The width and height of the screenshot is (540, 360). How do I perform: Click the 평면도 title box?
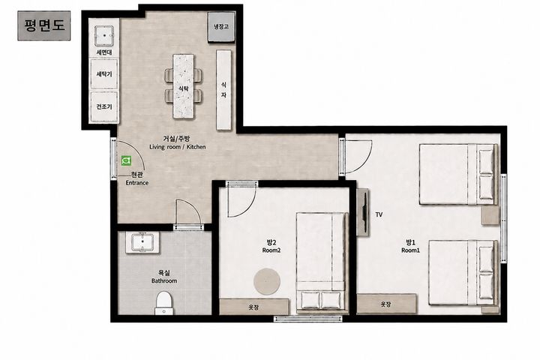pyautogui.click(x=44, y=25)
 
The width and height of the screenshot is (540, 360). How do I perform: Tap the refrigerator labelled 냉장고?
pyautogui.click(x=221, y=26)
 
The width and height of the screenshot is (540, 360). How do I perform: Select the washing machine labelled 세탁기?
pyautogui.click(x=104, y=73)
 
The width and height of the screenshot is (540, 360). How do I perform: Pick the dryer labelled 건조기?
pyautogui.click(x=104, y=106)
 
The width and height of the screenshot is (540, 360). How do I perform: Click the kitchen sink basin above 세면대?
pyautogui.click(x=104, y=35)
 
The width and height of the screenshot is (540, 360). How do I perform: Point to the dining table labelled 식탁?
pyautogui.click(x=183, y=86)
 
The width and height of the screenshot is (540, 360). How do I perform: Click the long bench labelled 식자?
pyautogui.click(x=223, y=90)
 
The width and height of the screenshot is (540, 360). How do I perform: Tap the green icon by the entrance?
pyautogui.click(x=127, y=160)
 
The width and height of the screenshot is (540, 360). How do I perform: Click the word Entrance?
pyautogui.click(x=137, y=183)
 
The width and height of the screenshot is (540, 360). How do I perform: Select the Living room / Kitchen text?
pyautogui.click(x=177, y=147)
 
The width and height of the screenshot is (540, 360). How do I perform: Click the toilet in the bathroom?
pyautogui.click(x=164, y=303)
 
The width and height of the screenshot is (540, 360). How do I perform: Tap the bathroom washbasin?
pyautogui.click(x=142, y=242)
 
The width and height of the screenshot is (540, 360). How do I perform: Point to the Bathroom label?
pyautogui.click(x=164, y=280)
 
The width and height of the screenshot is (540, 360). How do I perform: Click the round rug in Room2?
pyautogui.click(x=267, y=281)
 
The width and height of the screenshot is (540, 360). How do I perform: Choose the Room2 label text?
pyautogui.click(x=271, y=250)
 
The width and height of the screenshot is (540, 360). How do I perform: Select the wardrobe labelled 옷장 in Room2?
pyautogui.click(x=254, y=307)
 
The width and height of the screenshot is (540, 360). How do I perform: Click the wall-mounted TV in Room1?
pyautogui.click(x=362, y=212)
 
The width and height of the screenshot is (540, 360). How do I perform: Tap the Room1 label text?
pyautogui.click(x=410, y=250)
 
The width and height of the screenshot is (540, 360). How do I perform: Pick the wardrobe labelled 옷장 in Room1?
pyautogui.click(x=386, y=304)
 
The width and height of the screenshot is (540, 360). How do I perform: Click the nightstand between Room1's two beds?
pyautogui.click(x=490, y=215)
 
